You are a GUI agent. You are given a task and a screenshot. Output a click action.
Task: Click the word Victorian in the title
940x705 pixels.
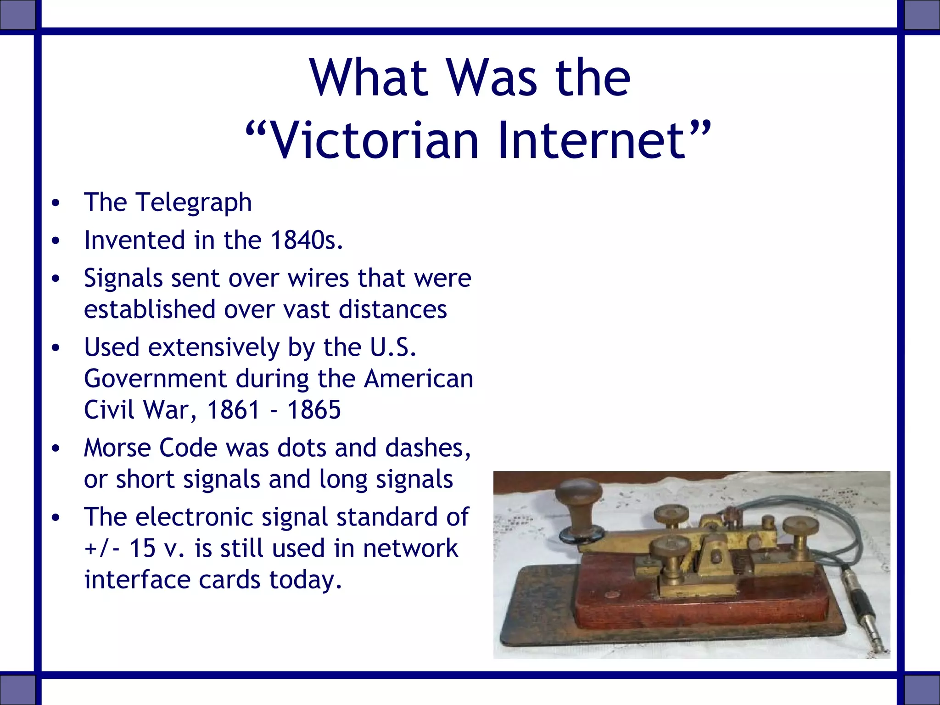pyautogui.click(x=374, y=140)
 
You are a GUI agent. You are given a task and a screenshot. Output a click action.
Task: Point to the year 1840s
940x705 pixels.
pyautogui.click(x=306, y=240)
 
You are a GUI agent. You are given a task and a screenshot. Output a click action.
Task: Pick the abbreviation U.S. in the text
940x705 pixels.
pyautogui.click(x=393, y=347)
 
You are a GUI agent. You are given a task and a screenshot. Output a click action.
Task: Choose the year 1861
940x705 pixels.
pyautogui.click(x=234, y=409)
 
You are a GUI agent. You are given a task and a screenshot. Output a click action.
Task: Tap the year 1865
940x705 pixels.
pyautogui.click(x=314, y=409)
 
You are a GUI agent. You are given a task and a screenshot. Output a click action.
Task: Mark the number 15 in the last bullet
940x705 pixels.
pyautogui.click(x=142, y=548)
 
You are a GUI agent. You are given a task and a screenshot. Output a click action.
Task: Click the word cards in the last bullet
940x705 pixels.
pyautogui.click(x=229, y=580)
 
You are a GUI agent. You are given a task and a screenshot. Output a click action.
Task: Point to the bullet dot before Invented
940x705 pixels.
pyautogui.click(x=56, y=241)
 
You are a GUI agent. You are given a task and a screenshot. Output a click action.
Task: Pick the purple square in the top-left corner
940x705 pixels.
pyautogui.click(x=17, y=15)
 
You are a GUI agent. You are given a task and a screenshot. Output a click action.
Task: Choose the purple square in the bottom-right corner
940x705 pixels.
pyautogui.click(x=922, y=690)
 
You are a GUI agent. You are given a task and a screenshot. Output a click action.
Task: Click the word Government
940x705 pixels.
pyautogui.click(x=155, y=379)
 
